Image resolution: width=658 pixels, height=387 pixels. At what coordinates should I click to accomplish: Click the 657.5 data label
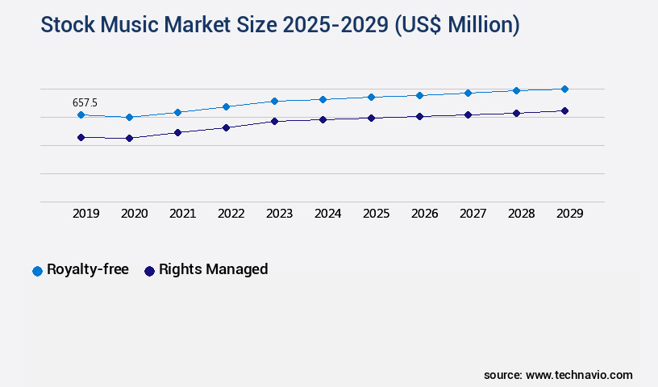tap(85, 102)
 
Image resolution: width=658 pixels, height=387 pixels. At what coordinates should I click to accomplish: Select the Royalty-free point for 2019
tap(81, 115)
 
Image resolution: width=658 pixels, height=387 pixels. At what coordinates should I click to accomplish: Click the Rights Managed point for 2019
tap(81, 138)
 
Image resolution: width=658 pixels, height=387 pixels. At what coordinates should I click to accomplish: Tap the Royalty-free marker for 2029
tap(564, 89)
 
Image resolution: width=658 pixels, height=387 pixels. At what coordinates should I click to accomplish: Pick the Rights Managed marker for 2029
tap(564, 110)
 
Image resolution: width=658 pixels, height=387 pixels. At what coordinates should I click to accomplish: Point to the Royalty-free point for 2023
tap(274, 101)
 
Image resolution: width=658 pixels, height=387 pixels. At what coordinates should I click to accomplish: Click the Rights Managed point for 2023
tap(274, 121)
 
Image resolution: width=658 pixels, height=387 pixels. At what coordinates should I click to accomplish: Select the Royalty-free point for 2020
tap(129, 118)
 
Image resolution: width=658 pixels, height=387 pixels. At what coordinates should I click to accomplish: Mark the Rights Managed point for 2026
tap(419, 116)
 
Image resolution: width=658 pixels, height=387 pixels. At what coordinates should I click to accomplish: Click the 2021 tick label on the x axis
tap(182, 214)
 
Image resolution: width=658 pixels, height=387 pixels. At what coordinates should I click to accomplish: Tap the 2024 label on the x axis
tap(327, 214)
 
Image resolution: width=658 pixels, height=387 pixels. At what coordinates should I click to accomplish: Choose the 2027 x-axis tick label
tap(473, 214)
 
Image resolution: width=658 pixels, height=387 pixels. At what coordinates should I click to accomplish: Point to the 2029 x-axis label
tap(569, 214)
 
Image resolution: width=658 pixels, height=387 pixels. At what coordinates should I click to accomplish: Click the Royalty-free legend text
tap(87, 270)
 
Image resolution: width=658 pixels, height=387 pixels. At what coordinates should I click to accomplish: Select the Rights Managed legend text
tap(213, 270)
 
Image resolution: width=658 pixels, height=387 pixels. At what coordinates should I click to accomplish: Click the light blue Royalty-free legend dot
tap(37, 271)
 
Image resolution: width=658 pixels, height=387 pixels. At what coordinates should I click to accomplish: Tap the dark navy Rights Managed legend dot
tap(149, 271)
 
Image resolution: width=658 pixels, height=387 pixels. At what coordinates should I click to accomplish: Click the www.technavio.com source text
tap(579, 375)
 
